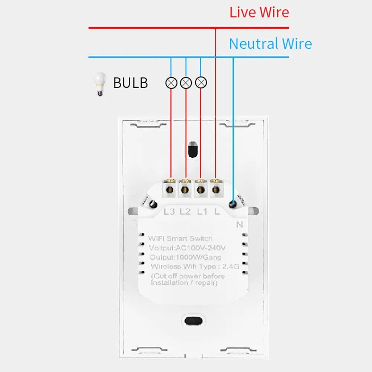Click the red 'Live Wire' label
pyautogui.click(x=259, y=12)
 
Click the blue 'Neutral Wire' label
pyautogui.click(x=270, y=44)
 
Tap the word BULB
pyautogui.click(x=130, y=83)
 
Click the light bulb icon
pyautogui.click(x=99, y=84)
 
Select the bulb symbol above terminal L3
pyautogui.click(x=171, y=83)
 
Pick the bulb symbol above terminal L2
pyautogui.click(x=186, y=83)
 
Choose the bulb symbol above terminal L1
pyautogui.click(x=201, y=83)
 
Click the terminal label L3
pyautogui.click(x=169, y=212)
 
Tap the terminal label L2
pyautogui.click(x=185, y=212)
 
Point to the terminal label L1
pyautogui.click(x=202, y=212)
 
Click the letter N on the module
pyautogui.click(x=239, y=224)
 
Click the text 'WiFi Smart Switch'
pyautogui.click(x=180, y=238)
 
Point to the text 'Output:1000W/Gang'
pyautogui.click(x=185, y=257)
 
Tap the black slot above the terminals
pyautogui.click(x=192, y=150)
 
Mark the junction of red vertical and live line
pyautogui.click(x=215, y=28)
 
